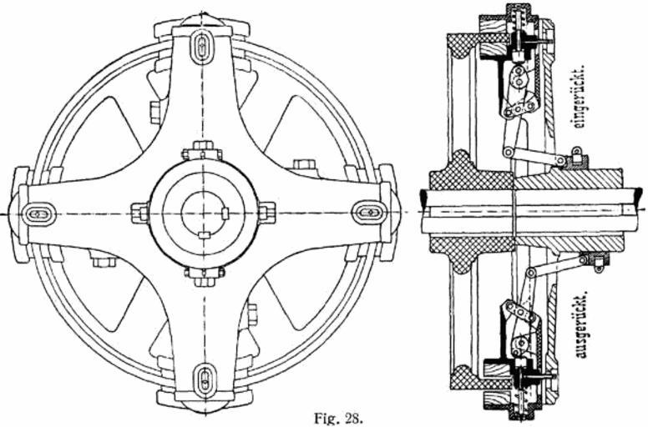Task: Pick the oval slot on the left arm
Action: (x=37, y=213)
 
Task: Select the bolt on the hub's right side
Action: (x=266, y=213)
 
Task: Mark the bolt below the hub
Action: (x=203, y=274)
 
